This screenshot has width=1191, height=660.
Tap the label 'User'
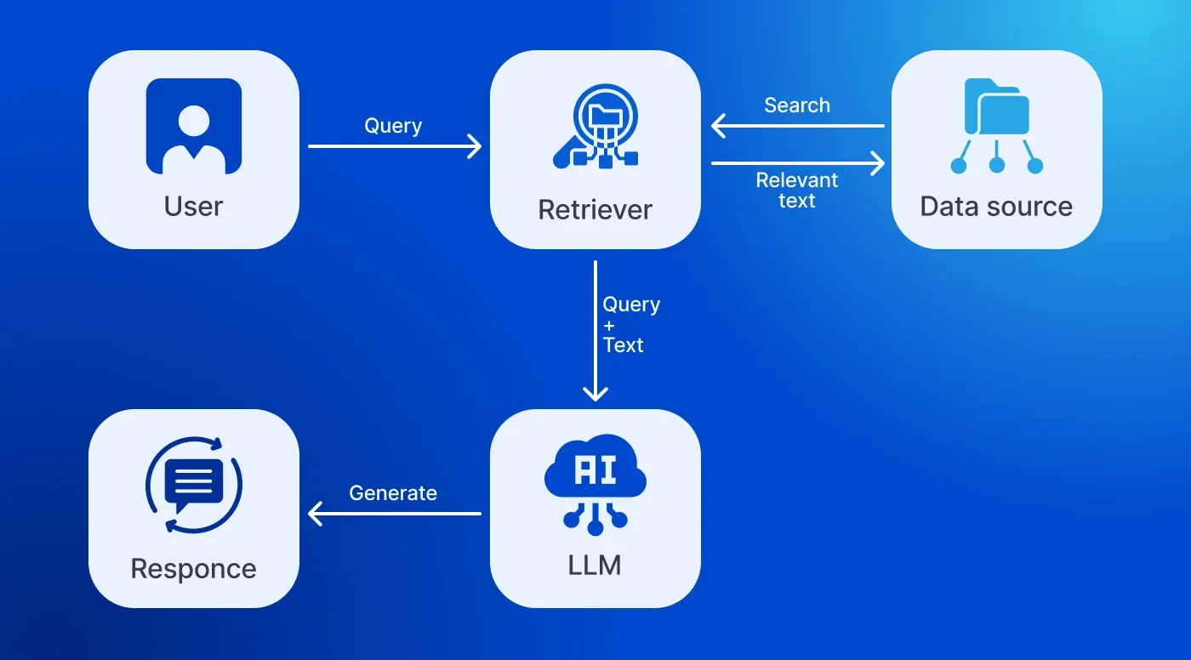pyautogui.click(x=194, y=207)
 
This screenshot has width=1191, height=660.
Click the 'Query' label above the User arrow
pyautogui.click(x=393, y=126)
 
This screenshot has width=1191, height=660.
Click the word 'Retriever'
pyautogui.click(x=595, y=209)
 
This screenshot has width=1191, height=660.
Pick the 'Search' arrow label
pyautogui.click(x=797, y=105)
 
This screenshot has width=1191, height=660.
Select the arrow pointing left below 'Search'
pyautogui.click(x=797, y=127)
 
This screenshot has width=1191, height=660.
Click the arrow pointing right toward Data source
pyautogui.click(x=797, y=163)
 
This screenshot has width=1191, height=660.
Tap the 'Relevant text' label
pyautogui.click(x=797, y=191)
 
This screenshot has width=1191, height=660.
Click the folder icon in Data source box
pyautogui.click(x=996, y=107)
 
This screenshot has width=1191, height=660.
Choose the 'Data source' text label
pyautogui.click(x=996, y=207)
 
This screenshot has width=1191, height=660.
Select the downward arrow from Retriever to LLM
pyautogui.click(x=595, y=332)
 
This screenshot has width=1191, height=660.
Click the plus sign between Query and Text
pyautogui.click(x=609, y=325)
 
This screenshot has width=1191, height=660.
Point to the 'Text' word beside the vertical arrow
pyautogui.click(x=624, y=345)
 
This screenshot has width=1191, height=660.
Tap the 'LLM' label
pyautogui.click(x=595, y=565)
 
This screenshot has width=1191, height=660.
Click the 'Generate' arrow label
pyautogui.click(x=393, y=493)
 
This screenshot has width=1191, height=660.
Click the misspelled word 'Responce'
pyautogui.click(x=194, y=569)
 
